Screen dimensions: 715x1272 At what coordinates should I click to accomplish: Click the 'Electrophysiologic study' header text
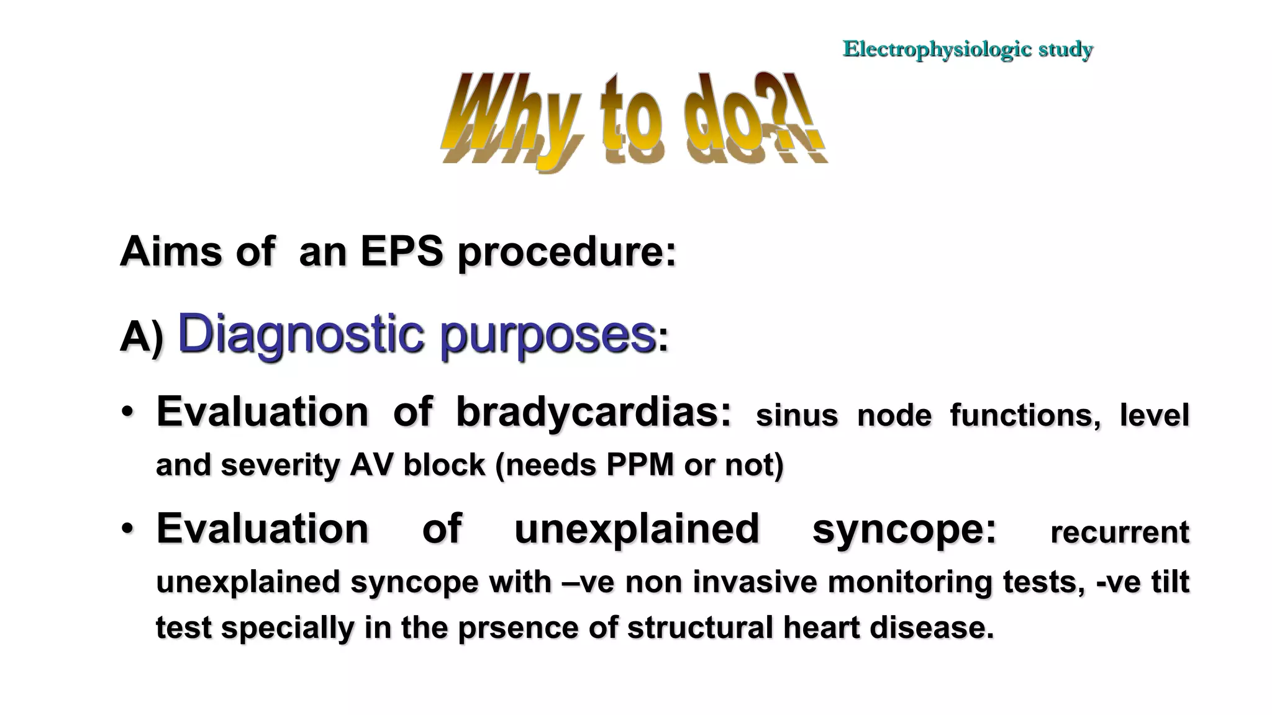coord(967,49)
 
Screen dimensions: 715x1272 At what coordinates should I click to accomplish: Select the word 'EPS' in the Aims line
coord(401,252)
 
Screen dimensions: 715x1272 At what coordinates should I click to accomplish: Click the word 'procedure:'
coord(566,253)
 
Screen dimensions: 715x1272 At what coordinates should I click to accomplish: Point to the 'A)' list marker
coord(141,338)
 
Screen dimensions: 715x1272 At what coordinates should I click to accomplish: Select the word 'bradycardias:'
coord(594,412)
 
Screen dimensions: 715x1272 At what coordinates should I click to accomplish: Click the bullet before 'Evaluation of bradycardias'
coord(127,412)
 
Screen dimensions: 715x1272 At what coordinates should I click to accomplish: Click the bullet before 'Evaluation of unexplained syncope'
coord(127,529)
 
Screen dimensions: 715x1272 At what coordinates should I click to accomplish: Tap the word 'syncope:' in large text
coord(904,529)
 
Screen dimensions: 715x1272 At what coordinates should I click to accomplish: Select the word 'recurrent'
coord(1119,533)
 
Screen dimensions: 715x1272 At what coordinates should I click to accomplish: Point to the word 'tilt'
coord(1170,582)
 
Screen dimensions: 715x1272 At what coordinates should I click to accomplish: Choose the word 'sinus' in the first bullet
coord(796,415)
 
